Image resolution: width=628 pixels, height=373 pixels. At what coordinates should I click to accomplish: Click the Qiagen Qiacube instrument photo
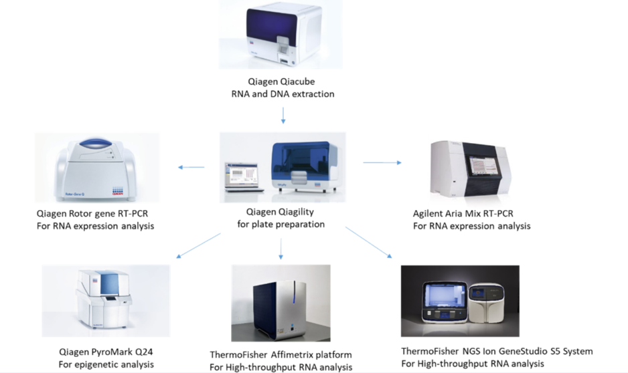(x=281, y=34)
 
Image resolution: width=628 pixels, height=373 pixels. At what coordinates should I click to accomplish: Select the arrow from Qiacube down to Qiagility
(x=283, y=116)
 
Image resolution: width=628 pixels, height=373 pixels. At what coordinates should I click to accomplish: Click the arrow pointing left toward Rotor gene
(x=191, y=167)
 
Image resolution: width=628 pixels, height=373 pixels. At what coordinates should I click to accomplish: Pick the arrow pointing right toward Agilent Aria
(x=382, y=162)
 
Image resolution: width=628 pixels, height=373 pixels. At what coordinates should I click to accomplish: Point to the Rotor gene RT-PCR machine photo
(x=97, y=168)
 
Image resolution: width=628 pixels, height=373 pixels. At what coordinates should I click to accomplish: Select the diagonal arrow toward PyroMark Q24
(x=199, y=245)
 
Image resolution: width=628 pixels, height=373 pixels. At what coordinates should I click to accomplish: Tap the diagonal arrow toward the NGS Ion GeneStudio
(x=368, y=242)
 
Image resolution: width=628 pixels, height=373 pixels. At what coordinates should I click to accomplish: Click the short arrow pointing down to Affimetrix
(x=281, y=249)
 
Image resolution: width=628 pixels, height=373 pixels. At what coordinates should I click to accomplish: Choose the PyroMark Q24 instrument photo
(x=106, y=301)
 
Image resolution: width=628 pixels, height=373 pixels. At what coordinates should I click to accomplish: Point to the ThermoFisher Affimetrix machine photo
(x=281, y=303)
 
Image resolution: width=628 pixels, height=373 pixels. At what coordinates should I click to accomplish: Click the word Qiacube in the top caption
(x=297, y=82)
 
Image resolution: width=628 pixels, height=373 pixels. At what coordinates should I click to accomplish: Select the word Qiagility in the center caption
(x=297, y=212)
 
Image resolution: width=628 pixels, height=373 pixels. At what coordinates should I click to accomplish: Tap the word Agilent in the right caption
(x=429, y=214)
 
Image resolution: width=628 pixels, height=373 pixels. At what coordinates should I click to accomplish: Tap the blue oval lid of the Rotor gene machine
(x=96, y=144)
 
